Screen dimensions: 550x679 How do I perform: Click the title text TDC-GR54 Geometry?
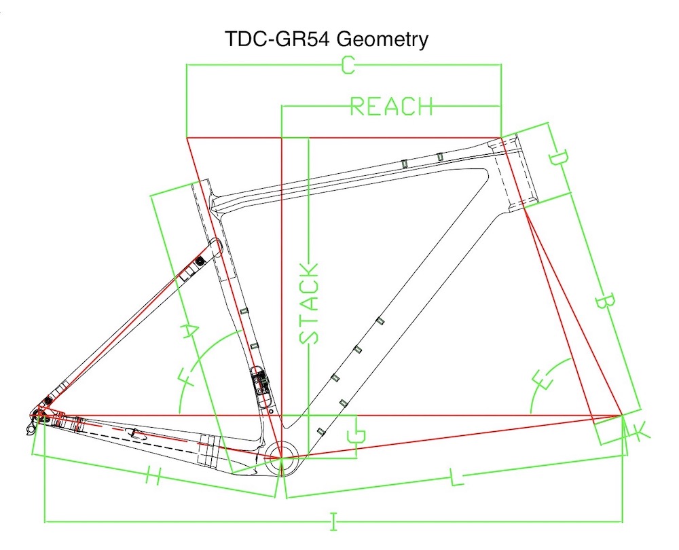(327, 39)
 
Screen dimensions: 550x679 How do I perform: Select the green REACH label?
(391, 107)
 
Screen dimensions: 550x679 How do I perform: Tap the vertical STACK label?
(309, 302)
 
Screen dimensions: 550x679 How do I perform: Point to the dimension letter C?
(347, 65)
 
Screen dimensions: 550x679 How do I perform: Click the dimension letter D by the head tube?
(558, 160)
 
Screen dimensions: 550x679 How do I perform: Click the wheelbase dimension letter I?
(333, 521)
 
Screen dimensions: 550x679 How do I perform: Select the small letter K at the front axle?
(638, 429)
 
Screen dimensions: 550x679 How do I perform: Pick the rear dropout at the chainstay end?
(38, 416)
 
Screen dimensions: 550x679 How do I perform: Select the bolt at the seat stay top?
(200, 260)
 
